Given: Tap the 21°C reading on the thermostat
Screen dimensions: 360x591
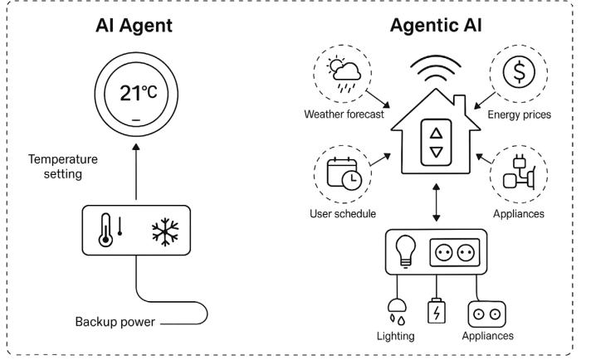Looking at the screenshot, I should point(137,91).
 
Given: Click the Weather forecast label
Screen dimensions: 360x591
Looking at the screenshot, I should point(343,114).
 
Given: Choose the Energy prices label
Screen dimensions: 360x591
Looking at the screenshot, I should point(520,114).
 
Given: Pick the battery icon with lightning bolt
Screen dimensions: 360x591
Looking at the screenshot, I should point(435,312).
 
